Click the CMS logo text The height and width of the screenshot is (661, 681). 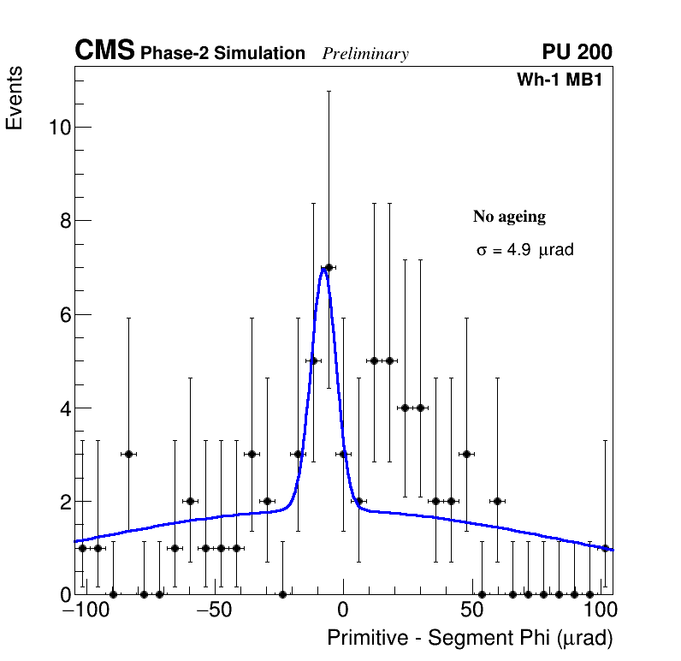(104, 51)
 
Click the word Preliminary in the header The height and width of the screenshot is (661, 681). (365, 54)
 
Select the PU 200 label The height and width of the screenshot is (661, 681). (577, 52)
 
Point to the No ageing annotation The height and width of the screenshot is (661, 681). (509, 217)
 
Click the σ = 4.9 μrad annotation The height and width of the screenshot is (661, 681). (524, 251)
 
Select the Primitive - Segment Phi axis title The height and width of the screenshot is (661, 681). (470, 638)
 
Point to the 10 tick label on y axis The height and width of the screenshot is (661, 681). (58, 128)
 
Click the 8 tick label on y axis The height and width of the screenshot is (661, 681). (63, 221)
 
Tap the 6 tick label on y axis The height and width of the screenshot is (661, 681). (63, 314)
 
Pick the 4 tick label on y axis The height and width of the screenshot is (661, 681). (63, 408)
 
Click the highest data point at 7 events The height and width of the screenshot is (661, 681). (329, 267)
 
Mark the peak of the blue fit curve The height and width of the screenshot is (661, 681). (325, 269)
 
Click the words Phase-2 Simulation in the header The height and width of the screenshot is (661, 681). (222, 54)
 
